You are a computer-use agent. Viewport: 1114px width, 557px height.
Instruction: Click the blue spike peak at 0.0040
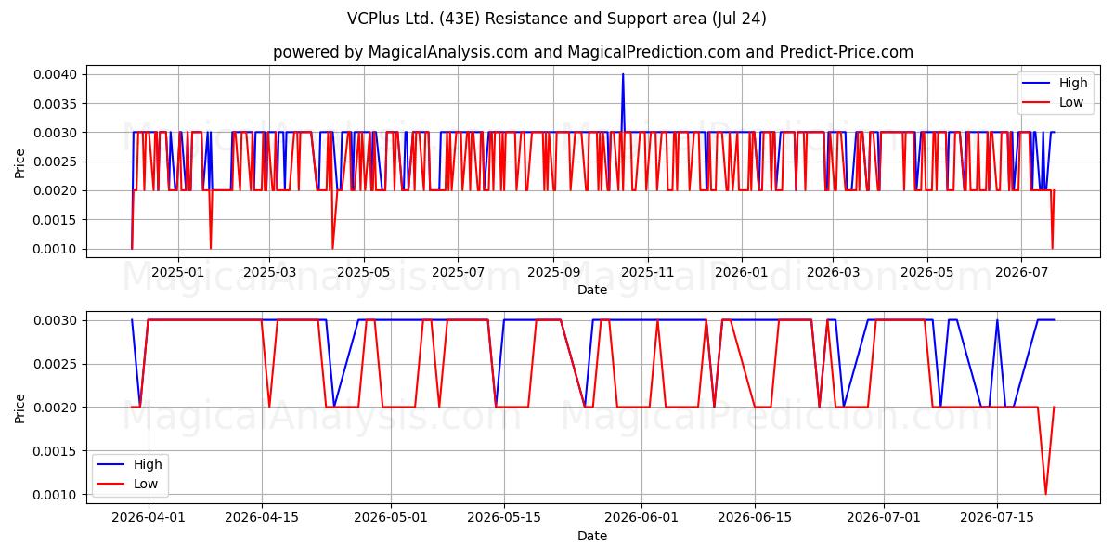point(623,74)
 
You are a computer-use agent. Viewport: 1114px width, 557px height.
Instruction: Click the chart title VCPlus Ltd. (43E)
point(413,19)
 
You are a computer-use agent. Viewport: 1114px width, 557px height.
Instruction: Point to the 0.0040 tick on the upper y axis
point(55,74)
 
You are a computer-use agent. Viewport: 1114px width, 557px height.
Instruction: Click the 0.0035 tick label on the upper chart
point(55,104)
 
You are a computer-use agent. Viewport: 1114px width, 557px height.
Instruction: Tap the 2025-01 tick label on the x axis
point(177,273)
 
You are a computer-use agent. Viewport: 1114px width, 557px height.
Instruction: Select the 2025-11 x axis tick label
point(648,273)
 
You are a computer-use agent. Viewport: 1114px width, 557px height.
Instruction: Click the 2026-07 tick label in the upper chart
point(1021,273)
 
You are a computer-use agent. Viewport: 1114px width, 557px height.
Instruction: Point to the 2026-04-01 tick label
point(149,517)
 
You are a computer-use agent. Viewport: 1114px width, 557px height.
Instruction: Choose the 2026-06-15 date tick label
point(755,517)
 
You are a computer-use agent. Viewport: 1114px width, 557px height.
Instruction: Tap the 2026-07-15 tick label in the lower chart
point(997,517)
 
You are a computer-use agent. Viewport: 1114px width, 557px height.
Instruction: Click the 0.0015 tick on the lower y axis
point(55,451)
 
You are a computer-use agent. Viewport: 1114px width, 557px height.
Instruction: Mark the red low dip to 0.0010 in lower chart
point(1046,494)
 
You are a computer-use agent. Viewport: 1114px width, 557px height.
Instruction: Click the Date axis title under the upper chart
point(592,290)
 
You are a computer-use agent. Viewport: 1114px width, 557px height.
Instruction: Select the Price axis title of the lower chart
point(19,408)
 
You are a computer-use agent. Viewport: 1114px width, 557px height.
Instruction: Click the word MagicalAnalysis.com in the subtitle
point(447,52)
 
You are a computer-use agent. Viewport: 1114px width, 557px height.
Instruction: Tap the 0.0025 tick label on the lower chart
point(55,364)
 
